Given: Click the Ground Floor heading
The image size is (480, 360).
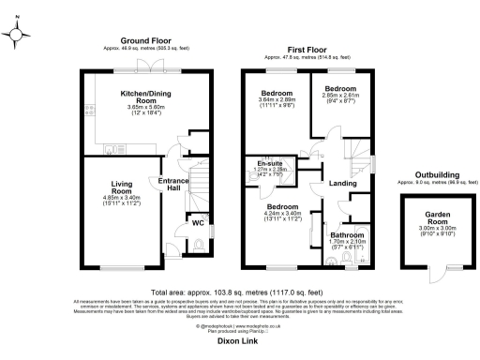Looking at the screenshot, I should (146, 41).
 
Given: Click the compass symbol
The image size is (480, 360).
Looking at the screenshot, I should (17, 34).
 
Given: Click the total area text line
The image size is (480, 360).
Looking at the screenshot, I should (239, 293).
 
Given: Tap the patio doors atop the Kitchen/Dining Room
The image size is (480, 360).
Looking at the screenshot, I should (145, 69).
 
